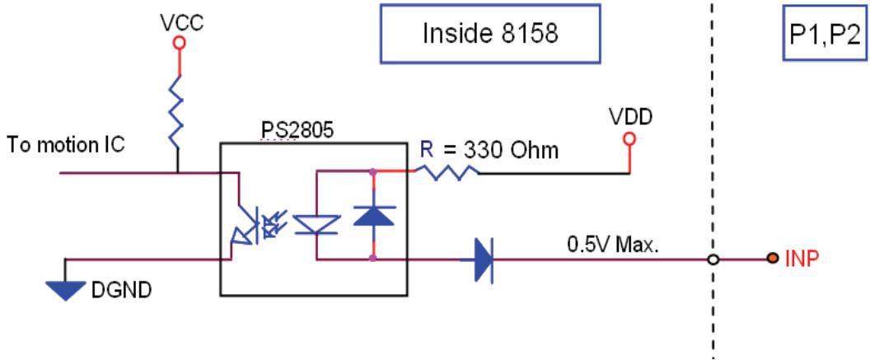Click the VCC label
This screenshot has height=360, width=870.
coord(180,23)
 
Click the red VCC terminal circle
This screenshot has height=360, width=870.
coord(179,44)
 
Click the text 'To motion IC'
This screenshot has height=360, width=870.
coord(66,145)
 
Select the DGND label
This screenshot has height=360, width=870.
coord(120,290)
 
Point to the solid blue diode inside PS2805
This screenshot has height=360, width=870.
coord(373,214)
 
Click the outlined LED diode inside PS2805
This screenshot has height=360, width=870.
coord(316,225)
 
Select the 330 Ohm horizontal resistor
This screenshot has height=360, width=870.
coord(447,172)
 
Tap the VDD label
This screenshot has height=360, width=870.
coord(630,117)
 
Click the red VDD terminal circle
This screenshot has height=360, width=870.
coord(629,138)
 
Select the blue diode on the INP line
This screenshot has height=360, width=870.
coord(483,259)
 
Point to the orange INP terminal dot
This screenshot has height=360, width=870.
coord(772,259)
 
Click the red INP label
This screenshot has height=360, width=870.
coord(802,259)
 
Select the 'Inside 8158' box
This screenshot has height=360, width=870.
coord(490,33)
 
